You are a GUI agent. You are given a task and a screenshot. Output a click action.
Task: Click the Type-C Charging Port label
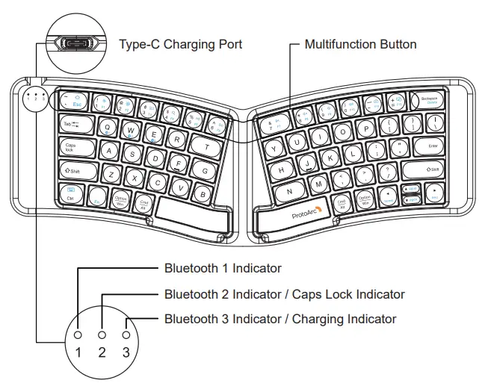pyautogui.click(x=180, y=44)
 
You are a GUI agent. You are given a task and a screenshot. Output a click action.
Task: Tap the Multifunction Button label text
pyautogui.click(x=360, y=44)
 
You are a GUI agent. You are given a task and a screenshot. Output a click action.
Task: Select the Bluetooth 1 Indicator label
pyautogui.click(x=223, y=268)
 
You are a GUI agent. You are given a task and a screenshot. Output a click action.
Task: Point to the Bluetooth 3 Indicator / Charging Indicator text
pyautogui.click(x=280, y=319)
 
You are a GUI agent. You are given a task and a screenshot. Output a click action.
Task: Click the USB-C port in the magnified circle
pyautogui.click(x=76, y=43)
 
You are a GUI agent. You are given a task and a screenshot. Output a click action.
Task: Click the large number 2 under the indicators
pyautogui.click(x=102, y=351)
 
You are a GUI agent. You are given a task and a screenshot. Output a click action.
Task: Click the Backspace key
pyautogui.click(x=429, y=100)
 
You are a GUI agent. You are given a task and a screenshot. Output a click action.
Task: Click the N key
pyautogui.click(x=289, y=191)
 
